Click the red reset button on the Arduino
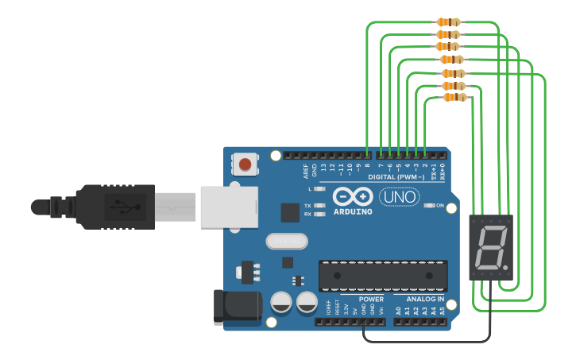pyautogui.click(x=245, y=165)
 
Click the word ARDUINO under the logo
pyautogui.click(x=353, y=211)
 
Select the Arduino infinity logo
pyautogui.click(x=353, y=196)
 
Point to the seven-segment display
pyautogui.click(x=491, y=247)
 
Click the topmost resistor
pyautogui.click(x=449, y=22)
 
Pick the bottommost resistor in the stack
pyautogui.click(x=454, y=98)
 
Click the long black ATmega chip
pyautogui.click(x=383, y=276)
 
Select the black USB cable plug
pyautogui.click(x=119, y=207)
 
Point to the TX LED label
pyautogui.click(x=307, y=206)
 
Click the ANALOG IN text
pyautogui.click(x=425, y=300)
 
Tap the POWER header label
pyautogui.click(x=371, y=300)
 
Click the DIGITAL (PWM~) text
pyautogui.click(x=396, y=176)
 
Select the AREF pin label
pyautogui.click(x=306, y=170)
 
